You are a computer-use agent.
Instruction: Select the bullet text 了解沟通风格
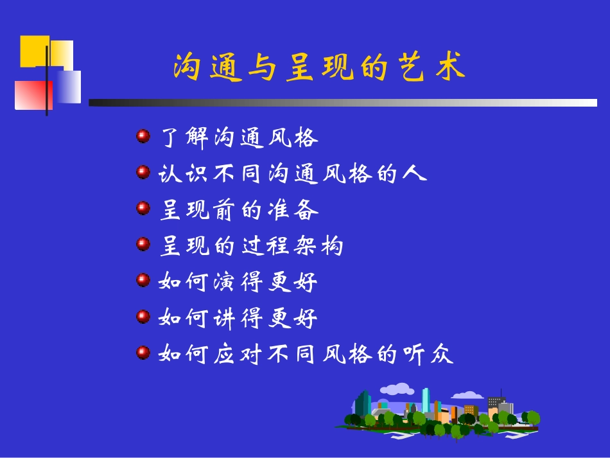click(x=238, y=138)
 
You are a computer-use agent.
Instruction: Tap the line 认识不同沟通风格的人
click(x=292, y=173)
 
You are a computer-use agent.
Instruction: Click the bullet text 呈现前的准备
click(x=238, y=209)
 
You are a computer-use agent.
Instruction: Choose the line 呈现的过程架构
click(x=251, y=245)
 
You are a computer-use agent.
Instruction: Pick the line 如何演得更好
click(x=238, y=281)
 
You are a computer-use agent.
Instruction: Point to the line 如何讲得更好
click(x=238, y=317)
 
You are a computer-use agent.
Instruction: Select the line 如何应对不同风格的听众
click(x=306, y=353)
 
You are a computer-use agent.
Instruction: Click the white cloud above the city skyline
click(x=396, y=389)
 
